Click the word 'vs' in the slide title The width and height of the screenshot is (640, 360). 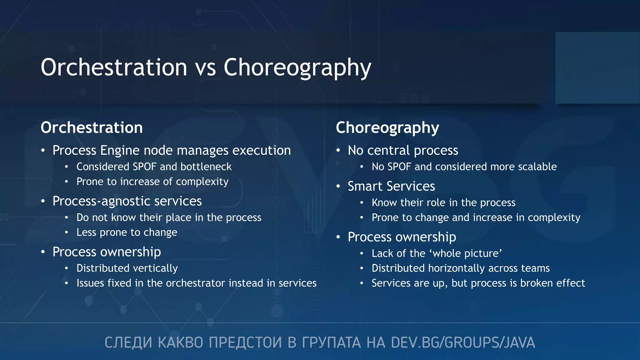(206, 67)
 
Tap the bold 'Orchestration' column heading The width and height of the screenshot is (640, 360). (92, 127)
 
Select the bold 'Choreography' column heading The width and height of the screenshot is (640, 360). (387, 127)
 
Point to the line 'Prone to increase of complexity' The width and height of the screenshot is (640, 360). (152, 182)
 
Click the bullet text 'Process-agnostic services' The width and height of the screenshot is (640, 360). (127, 201)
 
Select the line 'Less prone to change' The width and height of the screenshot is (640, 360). (127, 232)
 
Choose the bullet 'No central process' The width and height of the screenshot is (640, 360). (402, 150)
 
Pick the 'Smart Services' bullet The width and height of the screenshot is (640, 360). (391, 186)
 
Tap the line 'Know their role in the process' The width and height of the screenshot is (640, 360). (443, 202)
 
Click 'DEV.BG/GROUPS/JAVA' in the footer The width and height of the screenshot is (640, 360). (463, 342)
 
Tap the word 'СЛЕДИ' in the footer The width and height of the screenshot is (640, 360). (128, 342)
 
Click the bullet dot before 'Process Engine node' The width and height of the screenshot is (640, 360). (43, 151)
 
